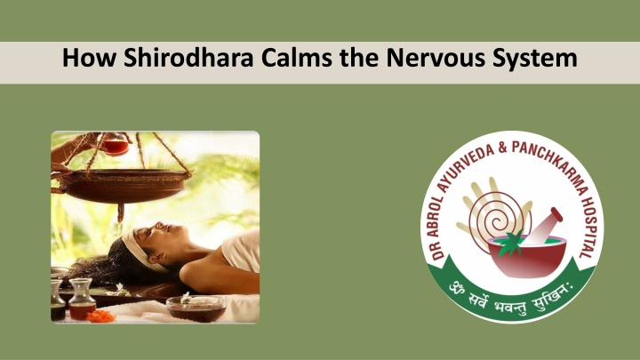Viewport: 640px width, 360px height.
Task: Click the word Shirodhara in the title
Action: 188,57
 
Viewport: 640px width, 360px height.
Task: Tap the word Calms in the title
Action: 296,57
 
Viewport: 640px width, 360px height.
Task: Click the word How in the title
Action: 89,57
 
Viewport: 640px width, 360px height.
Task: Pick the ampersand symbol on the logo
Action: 502,147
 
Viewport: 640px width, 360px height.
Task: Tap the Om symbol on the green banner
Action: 457,288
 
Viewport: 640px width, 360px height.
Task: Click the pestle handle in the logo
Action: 545,226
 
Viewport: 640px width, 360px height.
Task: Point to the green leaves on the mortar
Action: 509,244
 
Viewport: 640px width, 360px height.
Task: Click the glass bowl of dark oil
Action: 196,309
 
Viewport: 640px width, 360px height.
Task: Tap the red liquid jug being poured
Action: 114,145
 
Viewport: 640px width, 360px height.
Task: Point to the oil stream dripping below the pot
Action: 120,213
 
